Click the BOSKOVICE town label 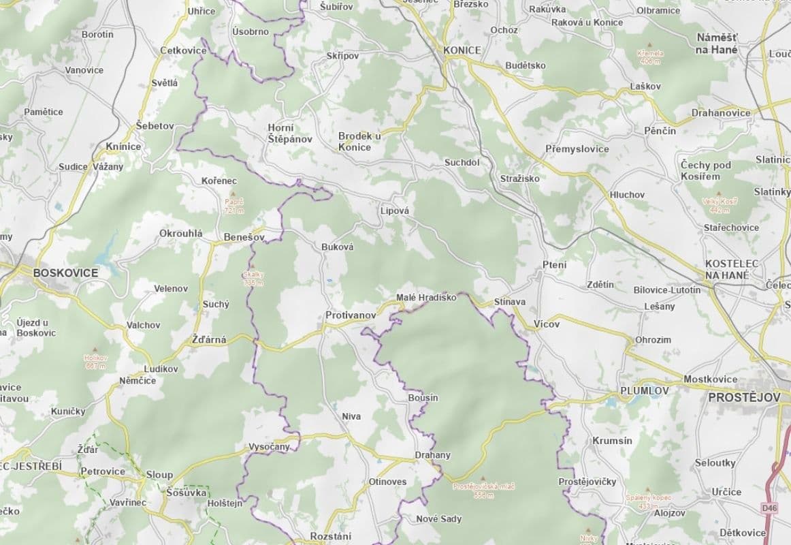[65, 272]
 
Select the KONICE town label [462, 50]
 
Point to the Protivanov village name [351, 315]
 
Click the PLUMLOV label [644, 390]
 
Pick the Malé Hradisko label [426, 298]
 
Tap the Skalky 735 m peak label [253, 278]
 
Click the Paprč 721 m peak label [233, 206]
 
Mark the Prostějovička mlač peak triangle [483, 478]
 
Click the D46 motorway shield [769, 508]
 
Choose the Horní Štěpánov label [289, 133]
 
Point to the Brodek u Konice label [359, 141]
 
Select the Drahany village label [432, 455]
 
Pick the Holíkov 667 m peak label [96, 361]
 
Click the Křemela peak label [649, 57]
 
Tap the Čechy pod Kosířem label [705, 170]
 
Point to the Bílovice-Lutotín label [666, 290]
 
